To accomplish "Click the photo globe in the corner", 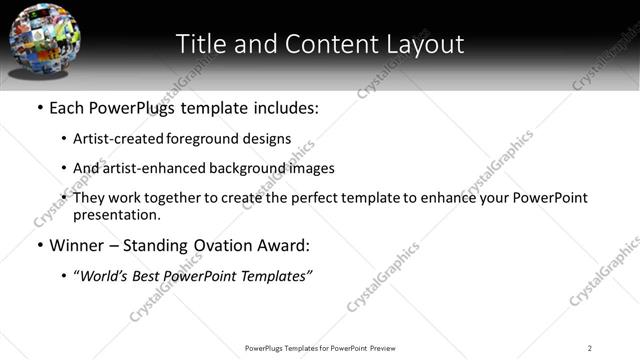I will [45, 39].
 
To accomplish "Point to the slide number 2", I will [590, 347].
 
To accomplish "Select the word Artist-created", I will [117, 139].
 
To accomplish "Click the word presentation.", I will [115, 214].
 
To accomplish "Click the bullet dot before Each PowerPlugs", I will [39, 108].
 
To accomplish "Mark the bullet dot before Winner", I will [39, 246].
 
